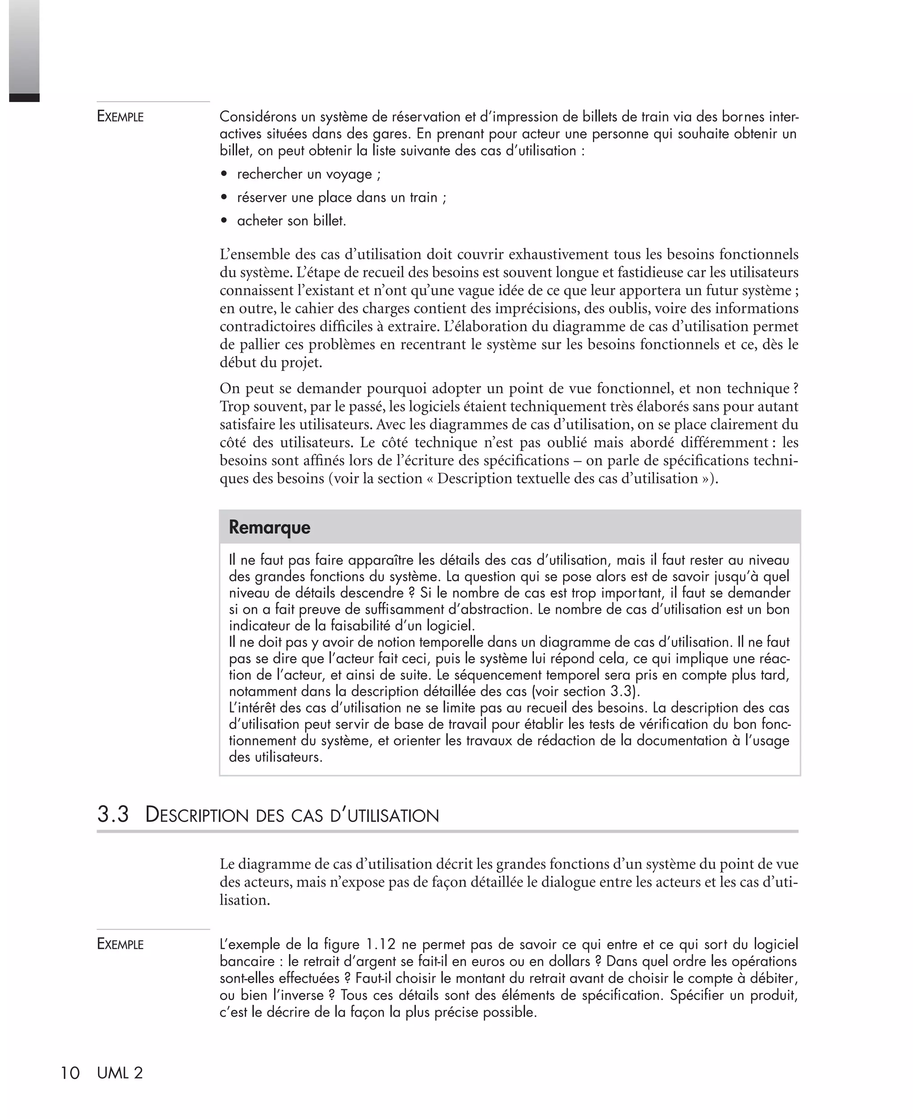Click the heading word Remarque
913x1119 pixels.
pyautogui.click(x=269, y=527)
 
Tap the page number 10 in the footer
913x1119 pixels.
pyautogui.click(x=70, y=1073)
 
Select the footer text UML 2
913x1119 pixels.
pyautogui.click(x=120, y=1073)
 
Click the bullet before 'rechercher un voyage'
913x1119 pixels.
pyautogui.click(x=225, y=174)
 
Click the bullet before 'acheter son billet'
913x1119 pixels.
pyautogui.click(x=225, y=221)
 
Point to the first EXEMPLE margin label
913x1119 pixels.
pyautogui.click(x=120, y=116)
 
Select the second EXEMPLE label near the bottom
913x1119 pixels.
pyautogui.click(x=120, y=944)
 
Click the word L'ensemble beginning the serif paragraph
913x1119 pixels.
pyautogui.click(x=252, y=255)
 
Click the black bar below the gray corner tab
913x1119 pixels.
pyautogui.click(x=24, y=98)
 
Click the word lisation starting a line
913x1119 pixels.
pyautogui.click(x=245, y=900)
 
